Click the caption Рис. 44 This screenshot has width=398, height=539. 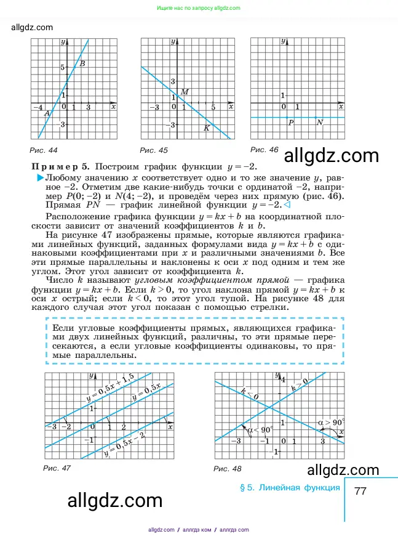pyautogui.click(x=43, y=150)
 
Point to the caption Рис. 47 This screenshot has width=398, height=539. pyautogui.click(x=57, y=468)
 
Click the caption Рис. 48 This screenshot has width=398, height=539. pyautogui.click(x=228, y=469)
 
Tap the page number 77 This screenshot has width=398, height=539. pyautogui.click(x=360, y=492)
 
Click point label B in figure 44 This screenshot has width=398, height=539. pyautogui.click(x=82, y=64)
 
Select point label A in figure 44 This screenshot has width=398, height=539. pyautogui.click(x=47, y=113)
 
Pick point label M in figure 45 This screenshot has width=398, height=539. pyautogui.click(x=183, y=92)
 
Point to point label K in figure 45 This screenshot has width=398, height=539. pyautogui.click(x=207, y=128)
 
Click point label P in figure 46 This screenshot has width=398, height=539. pyautogui.click(x=290, y=123)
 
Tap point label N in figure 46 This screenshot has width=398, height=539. pyautogui.click(x=320, y=123)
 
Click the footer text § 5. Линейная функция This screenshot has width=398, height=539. pyautogui.click(x=289, y=488)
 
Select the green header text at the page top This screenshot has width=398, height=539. pyautogui.click(x=199, y=8)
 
